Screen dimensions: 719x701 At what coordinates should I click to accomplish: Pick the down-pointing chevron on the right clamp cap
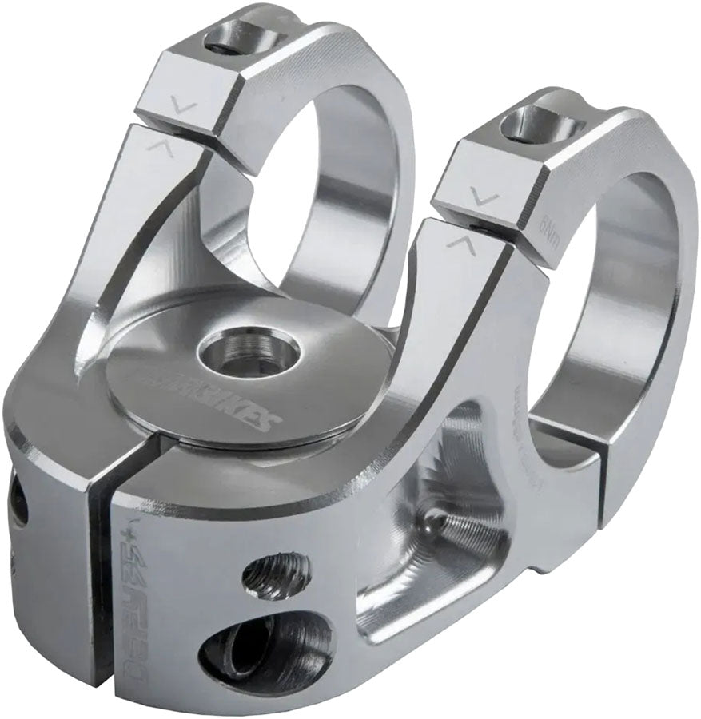(x=483, y=194)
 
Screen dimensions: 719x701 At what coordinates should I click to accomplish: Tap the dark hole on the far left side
(x=18, y=504)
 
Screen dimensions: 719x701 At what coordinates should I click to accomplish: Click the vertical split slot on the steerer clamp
(x=97, y=559)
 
